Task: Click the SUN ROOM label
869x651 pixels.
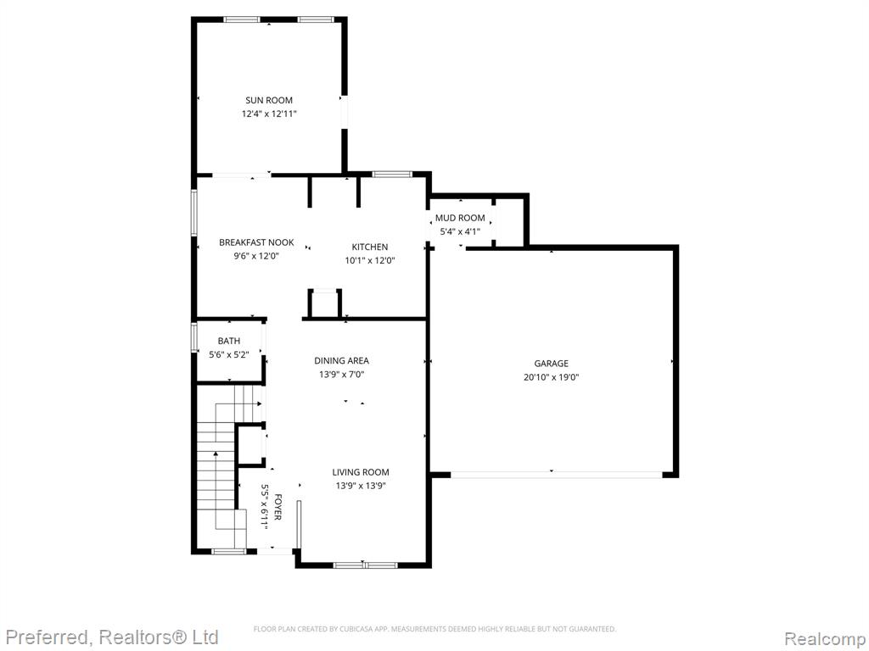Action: (x=269, y=100)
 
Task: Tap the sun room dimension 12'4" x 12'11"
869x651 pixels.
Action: (x=269, y=114)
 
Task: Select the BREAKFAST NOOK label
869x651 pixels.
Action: (x=256, y=242)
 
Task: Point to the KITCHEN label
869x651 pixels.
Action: (x=370, y=247)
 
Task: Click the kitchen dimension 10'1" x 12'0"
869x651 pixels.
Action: (x=370, y=261)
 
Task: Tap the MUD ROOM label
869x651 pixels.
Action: (x=460, y=218)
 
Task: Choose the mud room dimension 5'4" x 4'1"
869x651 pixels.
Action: (x=460, y=232)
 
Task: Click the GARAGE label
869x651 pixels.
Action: (x=551, y=364)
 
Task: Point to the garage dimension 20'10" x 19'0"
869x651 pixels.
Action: (x=551, y=377)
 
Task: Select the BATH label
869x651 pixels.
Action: (x=229, y=341)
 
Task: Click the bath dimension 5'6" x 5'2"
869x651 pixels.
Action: (x=229, y=355)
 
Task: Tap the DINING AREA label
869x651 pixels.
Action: (x=341, y=361)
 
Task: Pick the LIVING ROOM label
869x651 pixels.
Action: (x=360, y=472)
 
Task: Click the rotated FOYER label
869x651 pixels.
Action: (x=278, y=508)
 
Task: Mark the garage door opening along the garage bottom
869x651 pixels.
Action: (x=557, y=475)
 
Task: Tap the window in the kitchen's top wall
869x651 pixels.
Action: (x=392, y=175)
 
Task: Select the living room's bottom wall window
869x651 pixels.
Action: (x=365, y=565)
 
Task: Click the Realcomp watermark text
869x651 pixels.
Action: (x=825, y=639)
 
